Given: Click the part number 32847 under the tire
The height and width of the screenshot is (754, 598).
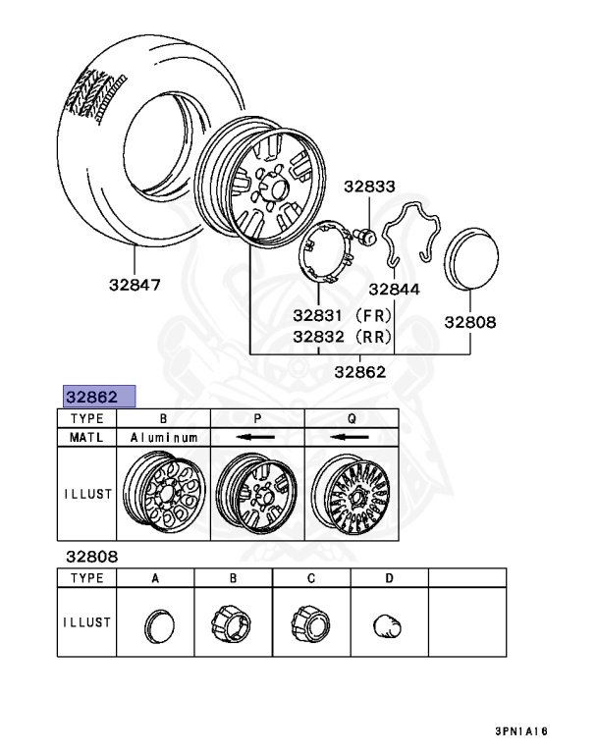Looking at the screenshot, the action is tap(135, 285).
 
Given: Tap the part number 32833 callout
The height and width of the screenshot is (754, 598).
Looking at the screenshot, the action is tap(369, 187).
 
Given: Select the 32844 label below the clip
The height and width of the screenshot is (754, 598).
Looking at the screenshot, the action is tap(394, 289).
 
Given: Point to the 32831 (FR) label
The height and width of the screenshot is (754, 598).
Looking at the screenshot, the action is tap(342, 315).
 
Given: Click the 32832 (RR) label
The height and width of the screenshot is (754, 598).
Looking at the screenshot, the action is tap(342, 336).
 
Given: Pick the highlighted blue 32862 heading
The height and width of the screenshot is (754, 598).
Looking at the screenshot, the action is tap(99, 397).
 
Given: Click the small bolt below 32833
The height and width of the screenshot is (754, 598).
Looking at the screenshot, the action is tap(365, 236).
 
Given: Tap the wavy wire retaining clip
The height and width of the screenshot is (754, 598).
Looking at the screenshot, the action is tap(411, 234).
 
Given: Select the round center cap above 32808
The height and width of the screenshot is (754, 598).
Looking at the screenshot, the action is tap(471, 259).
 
